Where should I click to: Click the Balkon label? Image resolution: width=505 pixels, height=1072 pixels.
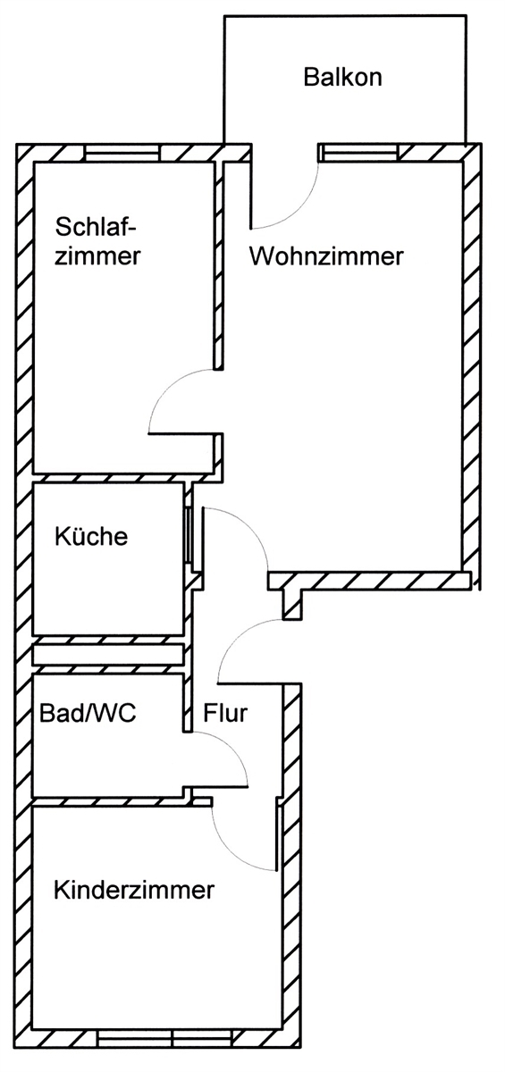pyautogui.click(x=343, y=77)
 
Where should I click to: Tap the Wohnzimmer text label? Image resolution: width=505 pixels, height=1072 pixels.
pyautogui.click(x=326, y=257)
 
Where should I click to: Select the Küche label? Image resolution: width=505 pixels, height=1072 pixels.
pyautogui.click(x=91, y=537)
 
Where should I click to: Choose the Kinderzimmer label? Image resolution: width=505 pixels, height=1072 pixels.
pyautogui.click(x=134, y=891)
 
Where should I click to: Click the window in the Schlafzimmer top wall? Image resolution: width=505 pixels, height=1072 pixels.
pyautogui.click(x=124, y=154)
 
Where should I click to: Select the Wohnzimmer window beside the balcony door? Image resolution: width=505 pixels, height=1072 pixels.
pyautogui.click(x=358, y=153)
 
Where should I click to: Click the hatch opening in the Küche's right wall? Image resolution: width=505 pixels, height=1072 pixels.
pyautogui.click(x=188, y=536)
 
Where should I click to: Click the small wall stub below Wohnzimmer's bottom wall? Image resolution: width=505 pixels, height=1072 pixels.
pyautogui.click(x=291, y=604)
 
